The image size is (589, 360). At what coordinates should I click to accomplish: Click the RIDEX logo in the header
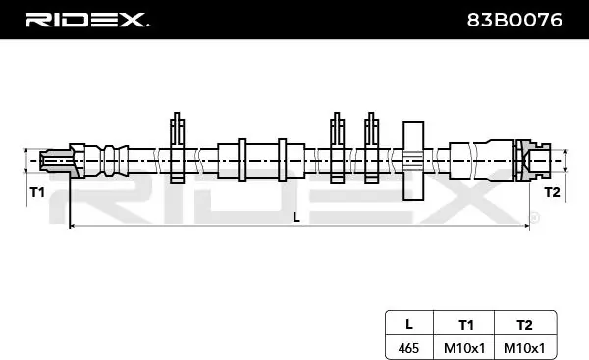point(86,20)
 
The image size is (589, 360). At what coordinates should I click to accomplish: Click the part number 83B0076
point(514,20)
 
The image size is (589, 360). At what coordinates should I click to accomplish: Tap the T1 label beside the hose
point(37,192)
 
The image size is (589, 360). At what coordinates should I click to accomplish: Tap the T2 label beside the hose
point(552,192)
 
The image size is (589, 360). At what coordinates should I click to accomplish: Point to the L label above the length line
point(296,217)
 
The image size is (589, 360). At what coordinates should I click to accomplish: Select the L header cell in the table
point(409,324)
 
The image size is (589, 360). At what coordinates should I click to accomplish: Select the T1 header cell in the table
point(466,325)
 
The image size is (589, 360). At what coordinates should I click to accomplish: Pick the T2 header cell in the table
point(524,325)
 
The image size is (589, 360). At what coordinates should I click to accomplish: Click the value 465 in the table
point(408,348)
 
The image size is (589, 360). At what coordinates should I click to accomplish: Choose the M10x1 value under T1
point(464,348)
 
